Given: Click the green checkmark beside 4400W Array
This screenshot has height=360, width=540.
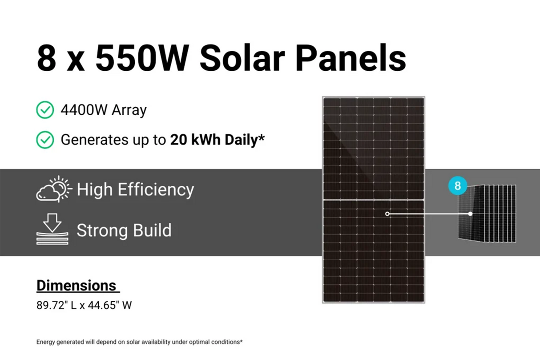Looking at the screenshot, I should pos(45,110).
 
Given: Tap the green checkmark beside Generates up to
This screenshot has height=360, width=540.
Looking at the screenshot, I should pos(45,140).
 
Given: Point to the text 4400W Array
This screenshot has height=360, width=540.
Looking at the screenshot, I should pos(104,110).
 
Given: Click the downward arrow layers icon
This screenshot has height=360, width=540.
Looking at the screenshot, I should pos(52,229).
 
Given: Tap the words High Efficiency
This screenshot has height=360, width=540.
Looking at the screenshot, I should pos(135,190).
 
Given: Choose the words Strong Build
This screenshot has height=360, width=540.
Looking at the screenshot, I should pos(124,231).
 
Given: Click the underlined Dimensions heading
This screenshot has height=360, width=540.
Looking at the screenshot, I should pos(77,286).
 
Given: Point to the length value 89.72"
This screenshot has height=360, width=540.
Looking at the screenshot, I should pos(52,306).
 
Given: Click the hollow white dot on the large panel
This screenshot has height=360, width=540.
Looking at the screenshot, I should pos(387,214).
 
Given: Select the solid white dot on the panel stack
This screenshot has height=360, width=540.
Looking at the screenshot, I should pos(470,214).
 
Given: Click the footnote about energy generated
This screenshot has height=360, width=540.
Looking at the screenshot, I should pos(139,342).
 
